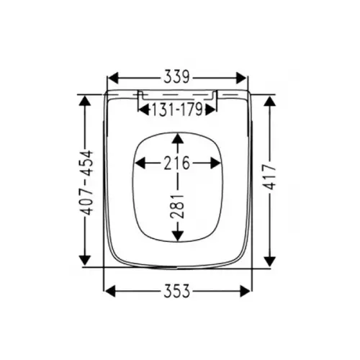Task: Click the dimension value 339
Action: click(177, 77)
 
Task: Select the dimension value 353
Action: click(177, 291)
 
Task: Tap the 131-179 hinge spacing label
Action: click(177, 110)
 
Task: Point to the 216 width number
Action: click(177, 163)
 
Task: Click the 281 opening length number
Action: click(177, 206)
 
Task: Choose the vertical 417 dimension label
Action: click(270, 177)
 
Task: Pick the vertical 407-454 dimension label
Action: click(86, 183)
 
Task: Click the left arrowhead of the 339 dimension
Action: click(113, 78)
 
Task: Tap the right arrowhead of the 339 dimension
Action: click(241, 78)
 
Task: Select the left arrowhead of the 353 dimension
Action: click(110, 291)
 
